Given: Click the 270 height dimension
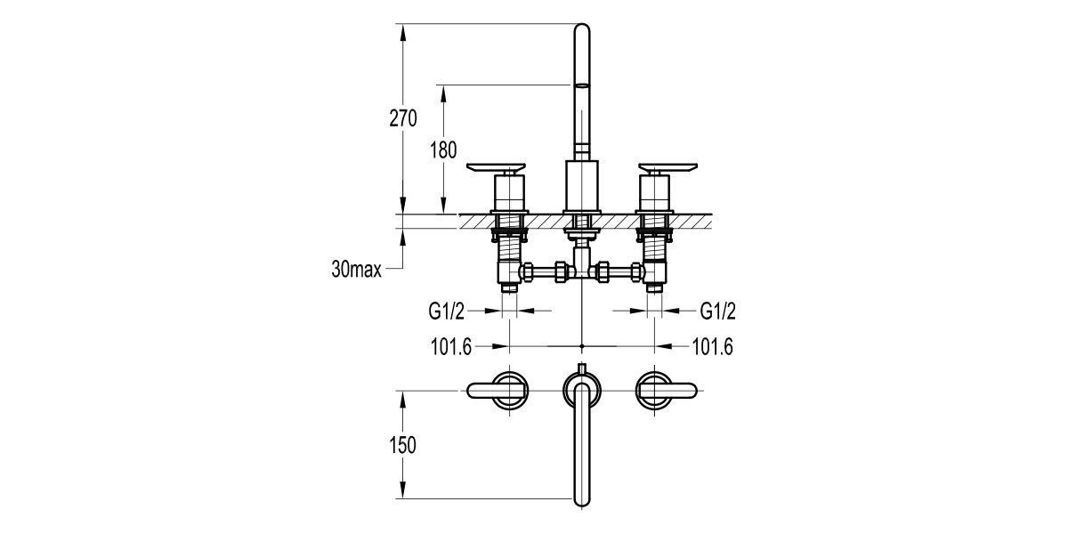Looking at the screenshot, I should coord(402,118).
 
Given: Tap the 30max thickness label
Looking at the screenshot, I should coord(355,270).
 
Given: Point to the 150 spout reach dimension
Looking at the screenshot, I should coord(402,445).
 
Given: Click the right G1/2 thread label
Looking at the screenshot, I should coord(718,311).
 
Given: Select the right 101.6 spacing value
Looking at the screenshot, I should coord(711,346).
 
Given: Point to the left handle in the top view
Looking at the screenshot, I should coord(498,389).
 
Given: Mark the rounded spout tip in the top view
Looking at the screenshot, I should coord(581,498).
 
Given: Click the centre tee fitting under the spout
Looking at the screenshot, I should coord(581,267).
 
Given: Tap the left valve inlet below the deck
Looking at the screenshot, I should coord(508,287).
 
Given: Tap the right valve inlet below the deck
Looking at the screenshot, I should coord(655,287).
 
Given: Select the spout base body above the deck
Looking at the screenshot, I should coord(581,185).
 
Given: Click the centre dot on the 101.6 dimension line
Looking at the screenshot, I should coord(581,345).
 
